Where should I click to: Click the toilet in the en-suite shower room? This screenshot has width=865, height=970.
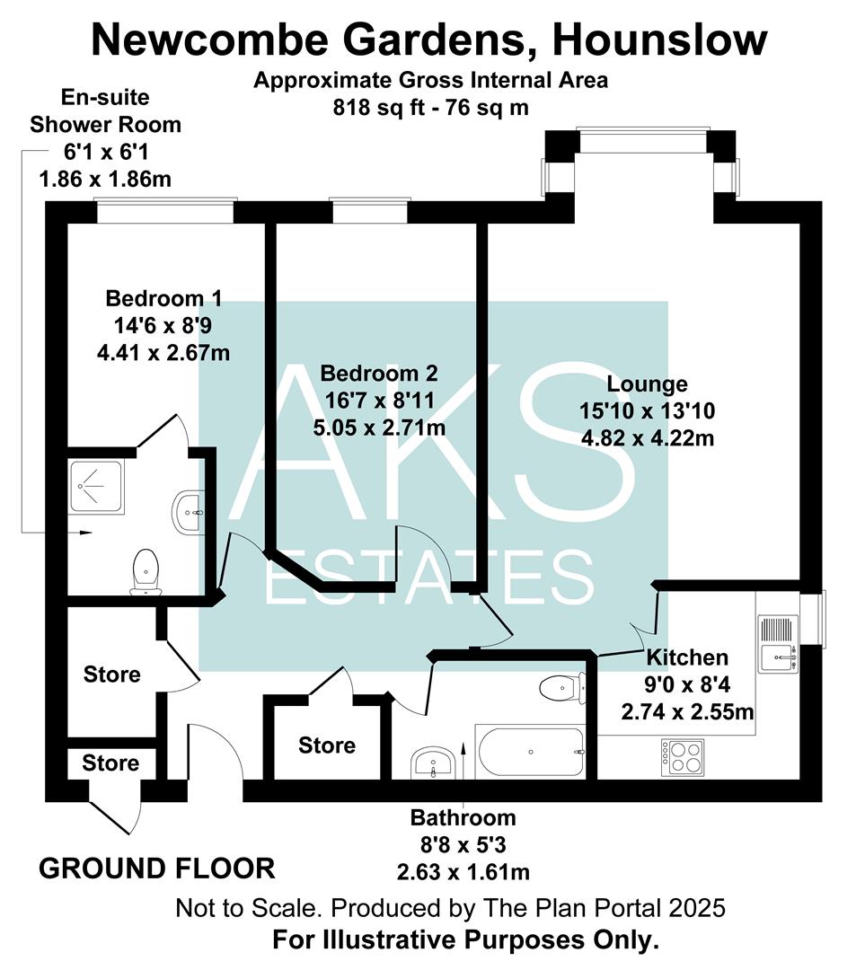coord(146,572)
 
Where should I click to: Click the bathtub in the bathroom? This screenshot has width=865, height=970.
coord(531,752)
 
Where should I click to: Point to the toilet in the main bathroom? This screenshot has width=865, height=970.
coord(563,689)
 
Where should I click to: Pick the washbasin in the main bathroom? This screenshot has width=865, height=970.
coord(434,766)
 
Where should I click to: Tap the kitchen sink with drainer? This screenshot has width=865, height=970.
coord(776,643)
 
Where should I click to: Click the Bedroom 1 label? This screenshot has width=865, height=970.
coord(163,298)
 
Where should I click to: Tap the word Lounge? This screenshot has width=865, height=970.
coord(647,384)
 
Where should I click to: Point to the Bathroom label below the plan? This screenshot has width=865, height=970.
coord(463,817)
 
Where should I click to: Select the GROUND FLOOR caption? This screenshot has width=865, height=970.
coord(157,869)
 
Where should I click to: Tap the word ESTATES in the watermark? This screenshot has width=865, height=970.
coord(430,577)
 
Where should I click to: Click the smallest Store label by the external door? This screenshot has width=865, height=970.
coord(111,763)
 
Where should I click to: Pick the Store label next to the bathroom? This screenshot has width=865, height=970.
coord(326,745)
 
